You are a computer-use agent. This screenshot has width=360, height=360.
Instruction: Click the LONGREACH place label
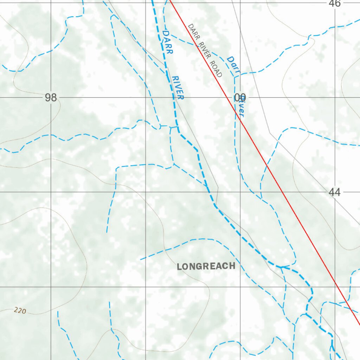(206, 266)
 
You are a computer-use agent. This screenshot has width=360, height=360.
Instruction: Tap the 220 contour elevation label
(20, 310)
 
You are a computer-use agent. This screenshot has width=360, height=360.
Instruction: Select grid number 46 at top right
(335, 4)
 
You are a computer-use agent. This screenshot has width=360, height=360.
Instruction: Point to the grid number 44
(335, 192)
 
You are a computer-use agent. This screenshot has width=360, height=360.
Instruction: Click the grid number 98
(51, 98)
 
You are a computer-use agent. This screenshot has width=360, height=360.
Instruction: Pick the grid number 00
(240, 97)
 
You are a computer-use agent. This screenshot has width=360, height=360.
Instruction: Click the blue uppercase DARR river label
(168, 42)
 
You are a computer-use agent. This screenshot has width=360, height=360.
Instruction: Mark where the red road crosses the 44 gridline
(281, 192)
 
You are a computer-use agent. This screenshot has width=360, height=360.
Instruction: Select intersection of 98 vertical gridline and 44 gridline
(51, 192)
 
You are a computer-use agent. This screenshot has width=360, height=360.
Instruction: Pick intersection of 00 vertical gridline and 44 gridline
(240, 192)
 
